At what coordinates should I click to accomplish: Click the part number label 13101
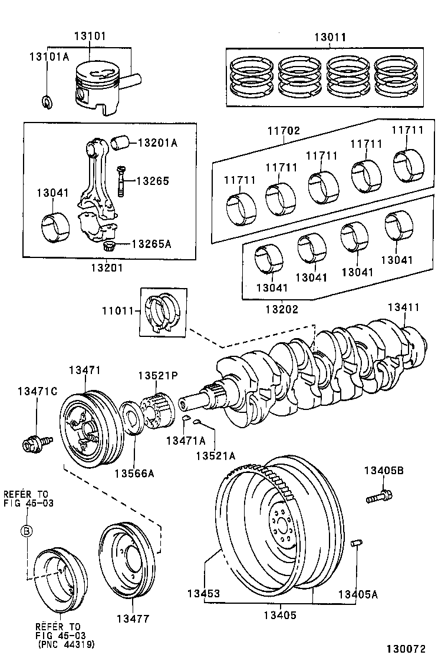click(90, 37)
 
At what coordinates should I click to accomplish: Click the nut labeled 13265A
click(108, 246)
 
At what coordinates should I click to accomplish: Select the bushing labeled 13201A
click(120, 143)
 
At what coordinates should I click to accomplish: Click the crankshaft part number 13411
click(403, 307)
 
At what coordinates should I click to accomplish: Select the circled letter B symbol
click(27, 531)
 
